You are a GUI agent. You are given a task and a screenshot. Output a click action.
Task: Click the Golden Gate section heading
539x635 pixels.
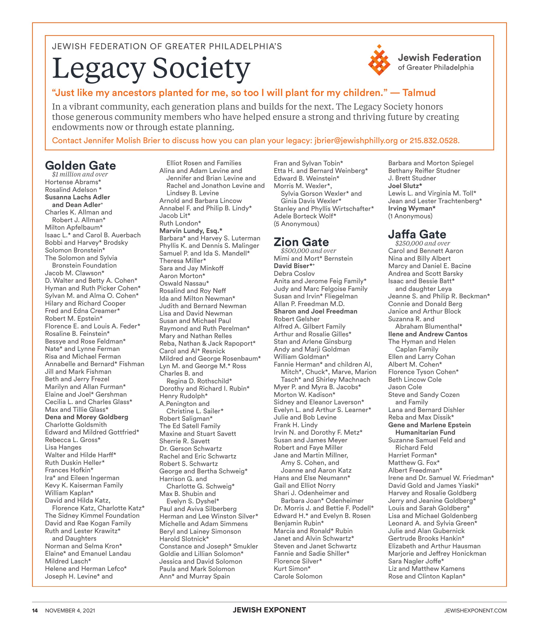tap(80, 165)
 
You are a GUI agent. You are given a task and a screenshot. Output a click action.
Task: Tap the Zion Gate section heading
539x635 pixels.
tap(301, 242)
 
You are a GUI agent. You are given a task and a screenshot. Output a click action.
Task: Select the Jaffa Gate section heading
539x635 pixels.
tap(417, 234)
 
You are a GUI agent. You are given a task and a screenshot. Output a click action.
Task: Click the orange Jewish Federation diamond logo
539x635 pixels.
tap(379, 60)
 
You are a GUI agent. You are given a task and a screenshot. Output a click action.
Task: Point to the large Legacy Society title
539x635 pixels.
tap(151, 68)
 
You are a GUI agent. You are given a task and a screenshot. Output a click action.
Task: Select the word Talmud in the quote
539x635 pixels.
tap(419, 93)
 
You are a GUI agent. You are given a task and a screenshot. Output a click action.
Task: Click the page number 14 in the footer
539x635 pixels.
tap(35, 611)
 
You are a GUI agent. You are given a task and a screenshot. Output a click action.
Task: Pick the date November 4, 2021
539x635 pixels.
tap(70, 611)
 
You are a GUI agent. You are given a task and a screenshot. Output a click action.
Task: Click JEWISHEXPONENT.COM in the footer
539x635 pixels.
tap(475, 611)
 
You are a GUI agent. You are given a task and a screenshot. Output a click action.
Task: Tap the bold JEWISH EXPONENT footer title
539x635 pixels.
tap(269, 610)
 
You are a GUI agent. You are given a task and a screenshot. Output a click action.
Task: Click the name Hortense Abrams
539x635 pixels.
tap(73, 182)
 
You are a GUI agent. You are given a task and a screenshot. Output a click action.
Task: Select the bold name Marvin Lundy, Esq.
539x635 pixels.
tap(191, 231)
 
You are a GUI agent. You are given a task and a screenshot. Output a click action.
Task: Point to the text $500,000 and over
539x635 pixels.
tap(308, 251)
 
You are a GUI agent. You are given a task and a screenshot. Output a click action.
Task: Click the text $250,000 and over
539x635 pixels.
tap(422, 243)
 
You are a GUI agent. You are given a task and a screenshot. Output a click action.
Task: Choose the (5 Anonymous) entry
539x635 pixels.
tap(296, 224)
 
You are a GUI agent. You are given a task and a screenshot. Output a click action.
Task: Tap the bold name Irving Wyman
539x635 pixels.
tap(412, 209)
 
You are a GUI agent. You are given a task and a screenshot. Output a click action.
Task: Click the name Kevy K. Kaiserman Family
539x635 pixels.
tap(84, 485)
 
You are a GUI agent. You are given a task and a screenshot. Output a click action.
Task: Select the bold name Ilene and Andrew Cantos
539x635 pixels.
tap(428, 334)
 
